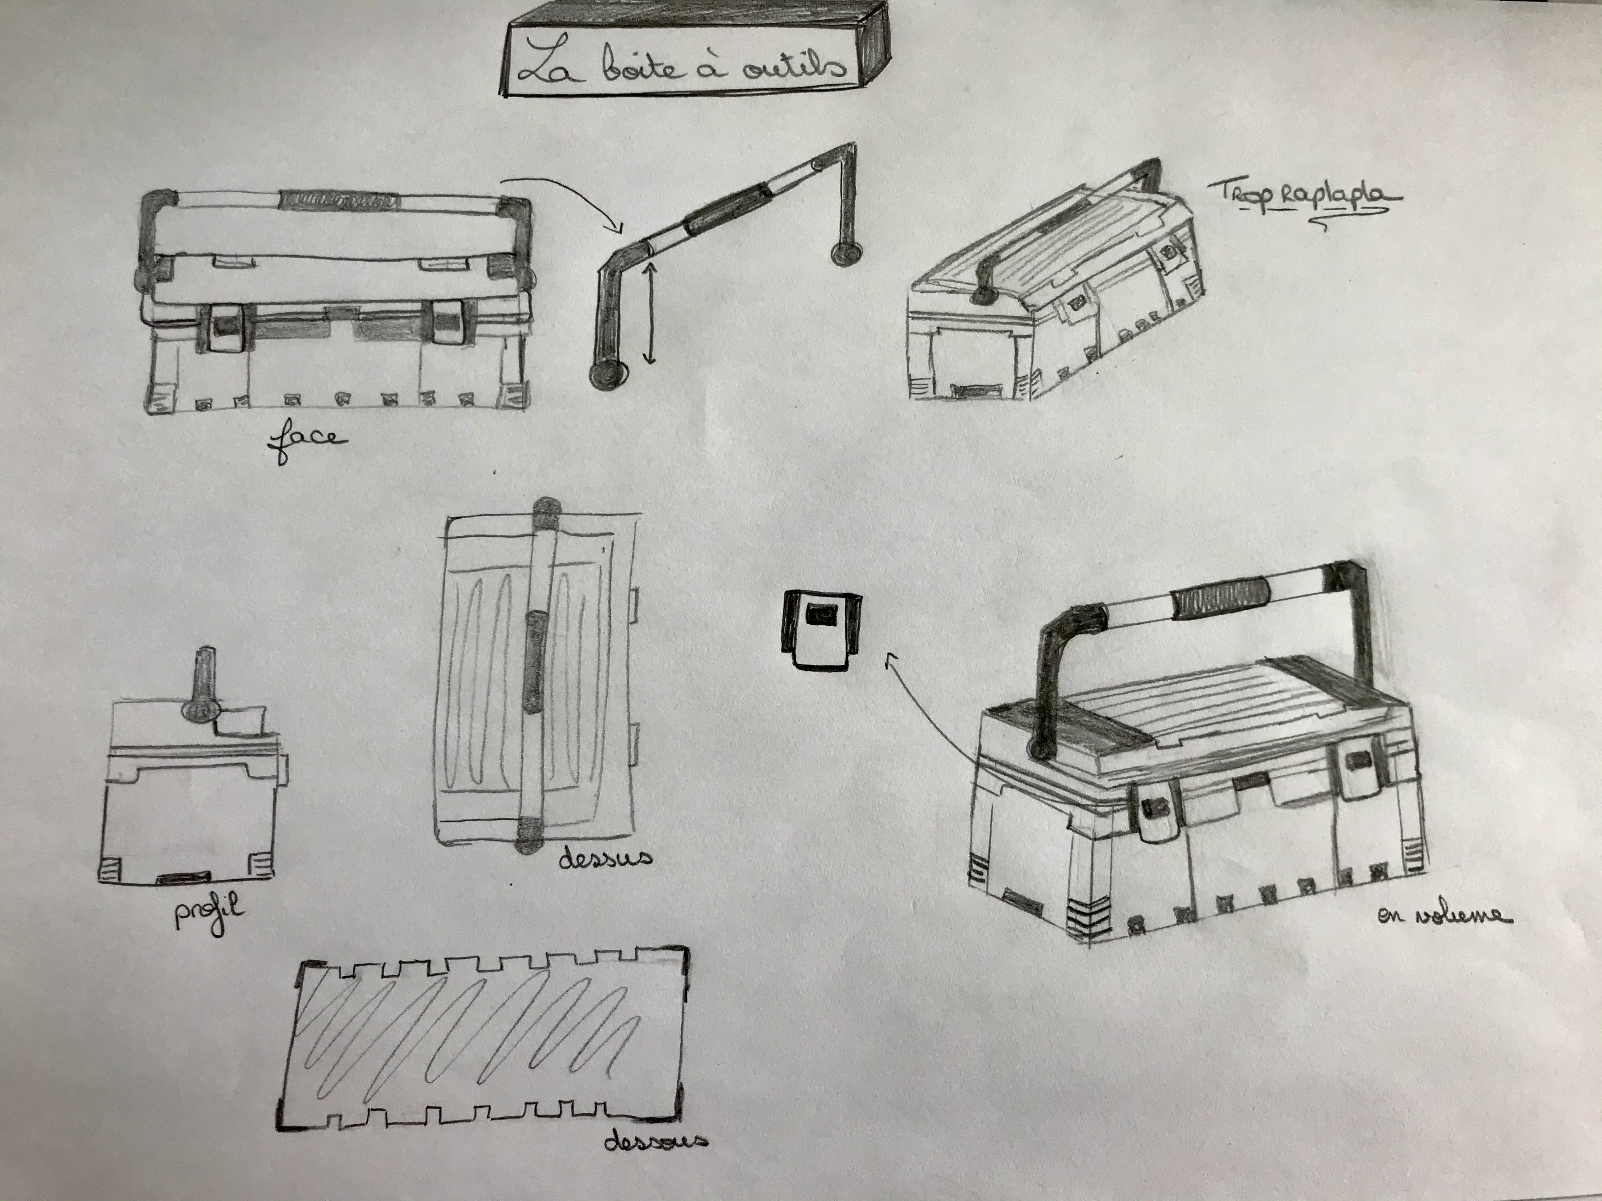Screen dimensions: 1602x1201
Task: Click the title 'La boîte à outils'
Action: click(x=682, y=67)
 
